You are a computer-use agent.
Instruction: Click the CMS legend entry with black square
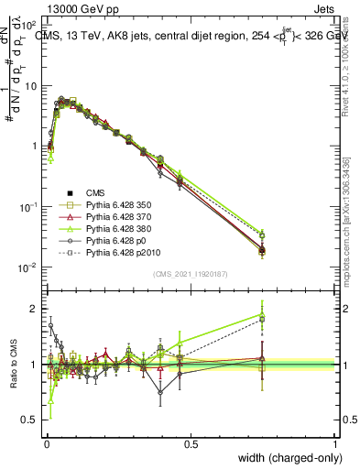tap(97, 192)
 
